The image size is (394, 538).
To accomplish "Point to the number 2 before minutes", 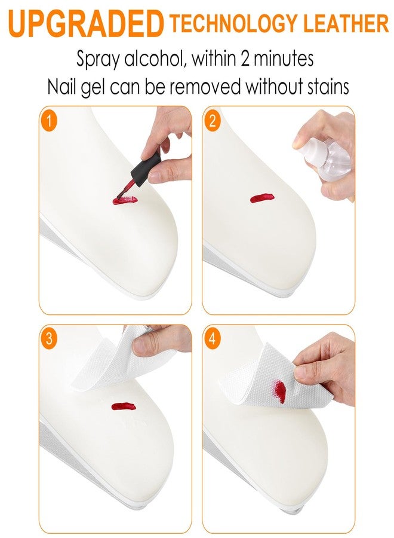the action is [x=245, y=59].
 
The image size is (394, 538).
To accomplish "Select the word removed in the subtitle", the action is [x=205, y=87].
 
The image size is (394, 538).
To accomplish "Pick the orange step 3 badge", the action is [x=48, y=338].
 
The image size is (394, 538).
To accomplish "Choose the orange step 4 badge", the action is [x=213, y=338].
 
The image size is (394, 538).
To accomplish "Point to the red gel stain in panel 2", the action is [x=262, y=198].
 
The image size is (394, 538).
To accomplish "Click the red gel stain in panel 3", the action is [x=124, y=406].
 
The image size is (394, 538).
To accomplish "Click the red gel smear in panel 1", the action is [x=125, y=200].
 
